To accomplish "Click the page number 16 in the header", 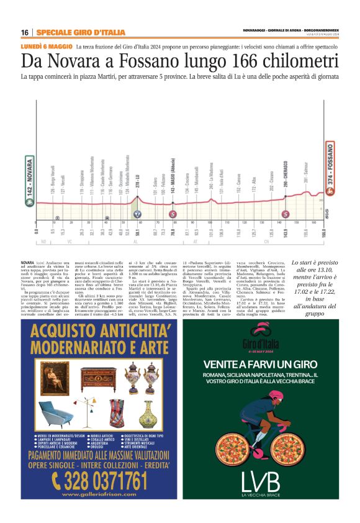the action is click(24, 32).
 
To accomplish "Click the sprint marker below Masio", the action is click(172, 214).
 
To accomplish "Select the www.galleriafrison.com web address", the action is click(97, 494).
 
